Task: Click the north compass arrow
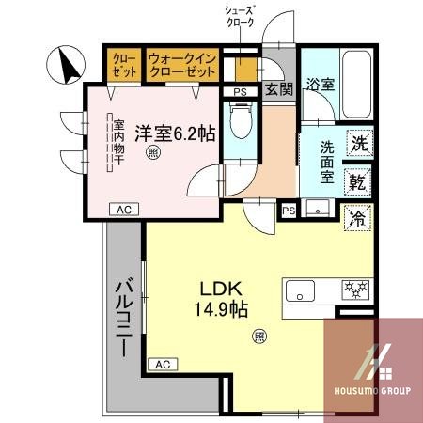pyautogui.click(x=68, y=66)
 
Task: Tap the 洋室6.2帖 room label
pyautogui.click(x=173, y=133)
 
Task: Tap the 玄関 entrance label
pyautogui.click(x=277, y=89)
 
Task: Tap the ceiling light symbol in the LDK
pyautogui.click(x=258, y=335)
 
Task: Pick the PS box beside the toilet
pyautogui.click(x=240, y=91)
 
